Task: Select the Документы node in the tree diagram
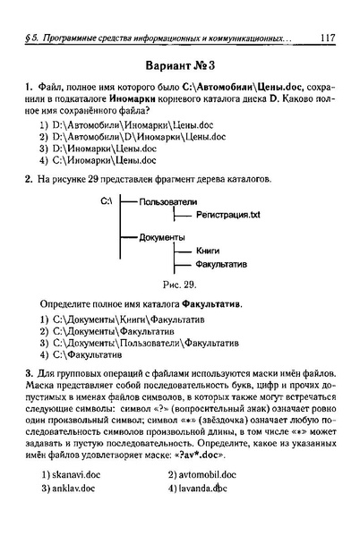point(163,237)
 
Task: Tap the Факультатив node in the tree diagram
point(220,265)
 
